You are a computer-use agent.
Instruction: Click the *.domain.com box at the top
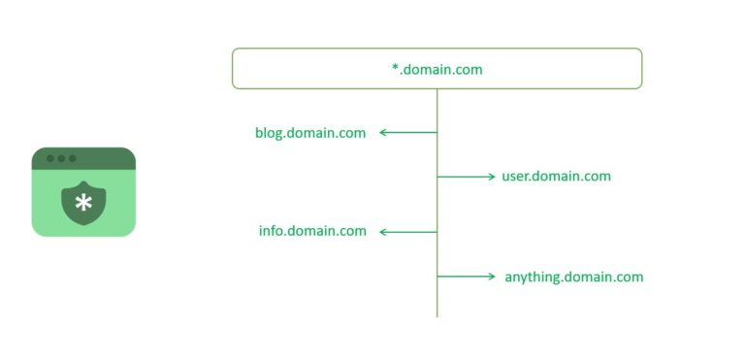(437, 69)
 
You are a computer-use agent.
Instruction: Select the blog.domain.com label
(310, 133)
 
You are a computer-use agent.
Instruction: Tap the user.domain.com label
(556, 177)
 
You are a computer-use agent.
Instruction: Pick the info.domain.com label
(312, 231)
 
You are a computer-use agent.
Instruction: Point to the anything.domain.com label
(573, 277)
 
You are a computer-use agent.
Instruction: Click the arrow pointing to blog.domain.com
(407, 132)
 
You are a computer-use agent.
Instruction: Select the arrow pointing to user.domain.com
(467, 177)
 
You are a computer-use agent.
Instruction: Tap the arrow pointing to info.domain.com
(407, 232)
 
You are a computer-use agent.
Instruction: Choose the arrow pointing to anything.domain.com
(467, 277)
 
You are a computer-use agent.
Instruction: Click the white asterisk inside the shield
(83, 203)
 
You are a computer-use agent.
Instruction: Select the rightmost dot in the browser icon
(72, 158)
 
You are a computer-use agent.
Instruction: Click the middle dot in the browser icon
(61, 158)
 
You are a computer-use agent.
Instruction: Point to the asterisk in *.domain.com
(395, 69)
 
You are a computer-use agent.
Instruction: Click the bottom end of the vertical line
(437, 314)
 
